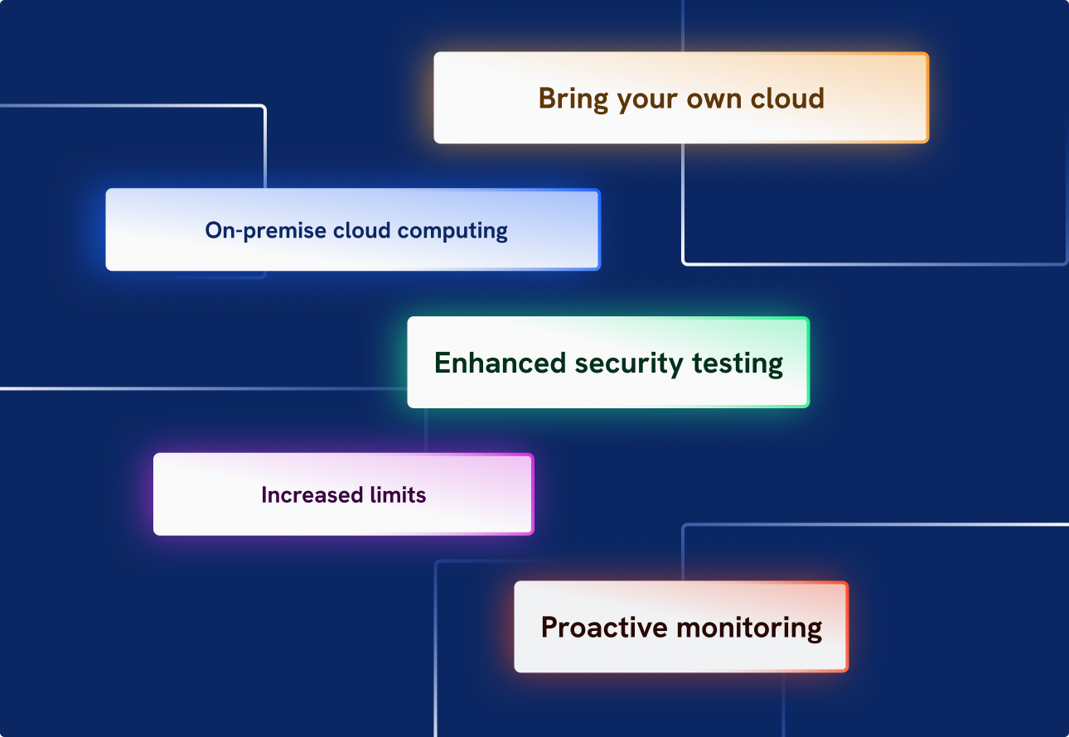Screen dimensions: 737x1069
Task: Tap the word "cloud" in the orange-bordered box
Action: [787, 99]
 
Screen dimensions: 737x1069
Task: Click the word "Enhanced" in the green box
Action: [501, 364]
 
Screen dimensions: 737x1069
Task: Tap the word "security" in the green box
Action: [630, 364]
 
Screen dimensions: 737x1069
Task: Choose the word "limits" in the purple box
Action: [395, 495]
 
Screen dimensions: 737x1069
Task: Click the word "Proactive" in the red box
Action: [605, 628]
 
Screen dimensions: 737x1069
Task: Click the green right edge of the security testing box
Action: [807, 363]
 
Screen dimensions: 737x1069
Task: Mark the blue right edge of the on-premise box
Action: [598, 230]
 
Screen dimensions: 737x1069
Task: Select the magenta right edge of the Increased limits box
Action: [532, 494]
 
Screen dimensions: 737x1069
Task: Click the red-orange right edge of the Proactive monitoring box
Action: [847, 627]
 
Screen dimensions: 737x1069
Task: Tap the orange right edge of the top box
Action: [927, 98]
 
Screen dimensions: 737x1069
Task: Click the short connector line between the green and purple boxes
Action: [426, 430]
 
